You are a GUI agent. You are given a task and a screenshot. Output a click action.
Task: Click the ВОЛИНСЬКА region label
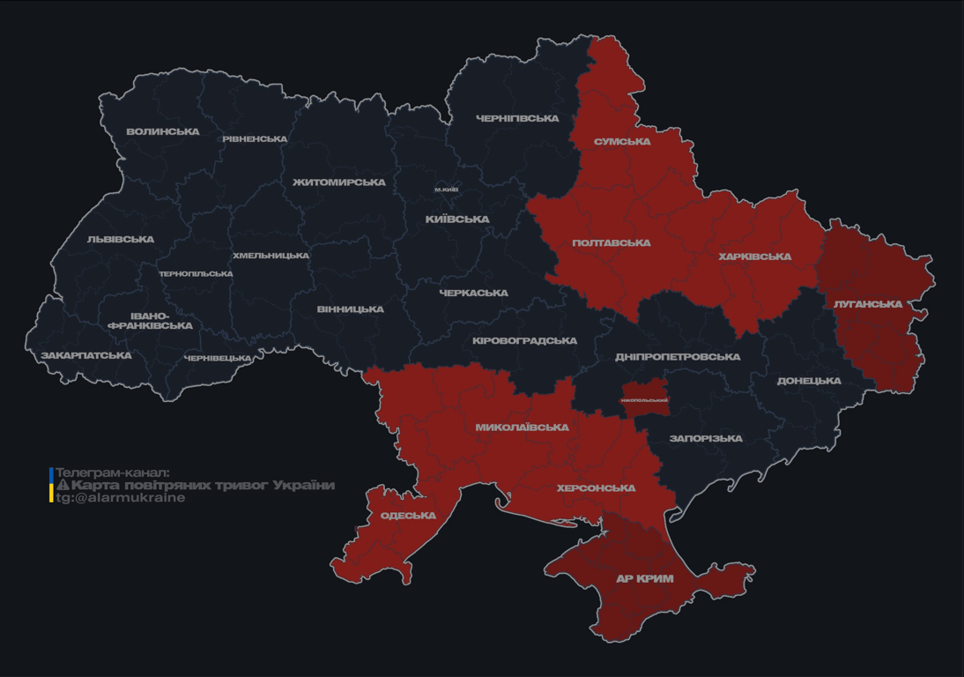point(163,132)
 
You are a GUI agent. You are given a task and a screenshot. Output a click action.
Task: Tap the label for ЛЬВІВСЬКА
point(121,240)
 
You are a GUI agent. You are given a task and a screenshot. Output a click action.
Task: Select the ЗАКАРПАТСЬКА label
point(86,356)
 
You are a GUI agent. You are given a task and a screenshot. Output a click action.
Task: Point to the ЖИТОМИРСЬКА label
point(339,182)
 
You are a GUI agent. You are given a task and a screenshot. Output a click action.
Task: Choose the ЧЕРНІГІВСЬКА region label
point(517,118)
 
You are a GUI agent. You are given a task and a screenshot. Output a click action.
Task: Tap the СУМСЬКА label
point(622,142)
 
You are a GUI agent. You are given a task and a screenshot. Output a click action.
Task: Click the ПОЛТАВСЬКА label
point(612,243)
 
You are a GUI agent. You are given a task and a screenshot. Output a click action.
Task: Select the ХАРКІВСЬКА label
point(755,257)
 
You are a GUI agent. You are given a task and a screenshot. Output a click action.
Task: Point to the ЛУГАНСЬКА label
point(868,304)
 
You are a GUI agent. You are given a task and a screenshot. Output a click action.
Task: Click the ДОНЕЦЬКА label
point(809,382)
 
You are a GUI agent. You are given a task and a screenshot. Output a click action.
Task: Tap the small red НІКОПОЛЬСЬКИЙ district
point(645,399)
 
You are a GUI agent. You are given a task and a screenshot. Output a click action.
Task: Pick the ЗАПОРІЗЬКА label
point(706,439)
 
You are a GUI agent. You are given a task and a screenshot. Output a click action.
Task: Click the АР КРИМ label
point(645,579)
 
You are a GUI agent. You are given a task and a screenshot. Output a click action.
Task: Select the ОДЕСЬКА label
point(408,516)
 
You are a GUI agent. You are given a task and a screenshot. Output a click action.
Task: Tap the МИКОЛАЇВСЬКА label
point(522,428)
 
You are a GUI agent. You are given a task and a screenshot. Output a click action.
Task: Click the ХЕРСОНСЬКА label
point(597,488)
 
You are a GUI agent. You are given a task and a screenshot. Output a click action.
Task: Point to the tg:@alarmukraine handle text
point(121,498)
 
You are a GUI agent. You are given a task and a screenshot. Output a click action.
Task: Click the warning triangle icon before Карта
point(63,486)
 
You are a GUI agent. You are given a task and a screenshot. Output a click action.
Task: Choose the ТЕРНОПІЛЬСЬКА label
point(196,274)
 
